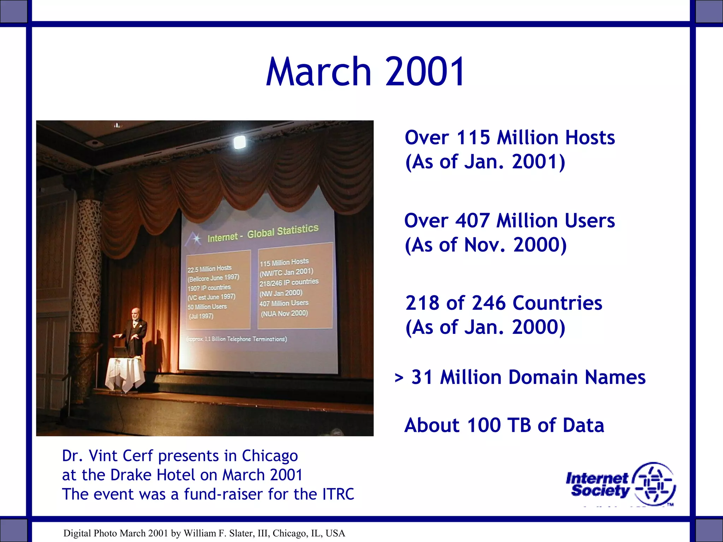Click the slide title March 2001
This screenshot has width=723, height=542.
pyautogui.click(x=365, y=72)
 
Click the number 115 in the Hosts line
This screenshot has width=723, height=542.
pyautogui.click(x=473, y=138)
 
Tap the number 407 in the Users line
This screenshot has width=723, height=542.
pyautogui.click(x=472, y=221)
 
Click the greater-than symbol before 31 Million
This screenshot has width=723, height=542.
pyautogui.click(x=399, y=378)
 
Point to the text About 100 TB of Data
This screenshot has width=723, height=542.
pyautogui.click(x=504, y=425)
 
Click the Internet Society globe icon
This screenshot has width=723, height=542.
pyautogui.click(x=654, y=484)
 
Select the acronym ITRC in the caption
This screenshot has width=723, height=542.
pyautogui.click(x=338, y=494)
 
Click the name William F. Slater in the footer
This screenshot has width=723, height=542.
pyautogui.click(x=218, y=533)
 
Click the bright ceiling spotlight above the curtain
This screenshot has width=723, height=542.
pyautogui.click(x=240, y=142)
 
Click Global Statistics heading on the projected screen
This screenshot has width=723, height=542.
pyautogui.click(x=282, y=231)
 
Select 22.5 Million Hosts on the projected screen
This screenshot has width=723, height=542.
pyautogui.click(x=210, y=269)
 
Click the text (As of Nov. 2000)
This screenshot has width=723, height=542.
pyautogui.click(x=485, y=245)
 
